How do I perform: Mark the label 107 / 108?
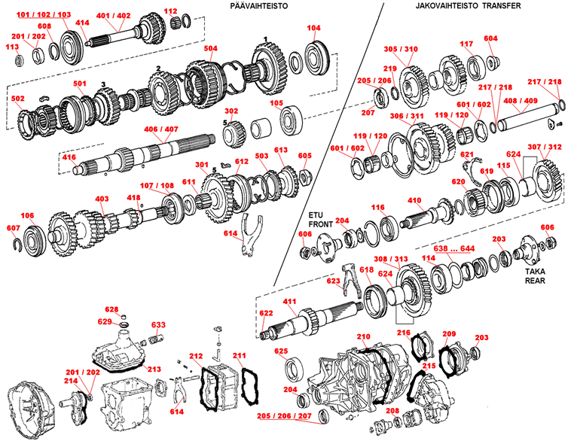(x=156, y=185)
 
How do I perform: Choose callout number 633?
(x=158, y=326)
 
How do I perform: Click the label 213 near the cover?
(x=154, y=369)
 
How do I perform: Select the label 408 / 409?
(x=520, y=100)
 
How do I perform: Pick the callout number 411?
(x=310, y=302)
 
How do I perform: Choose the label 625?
(x=281, y=351)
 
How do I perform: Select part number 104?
(x=313, y=29)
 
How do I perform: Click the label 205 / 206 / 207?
(x=282, y=416)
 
